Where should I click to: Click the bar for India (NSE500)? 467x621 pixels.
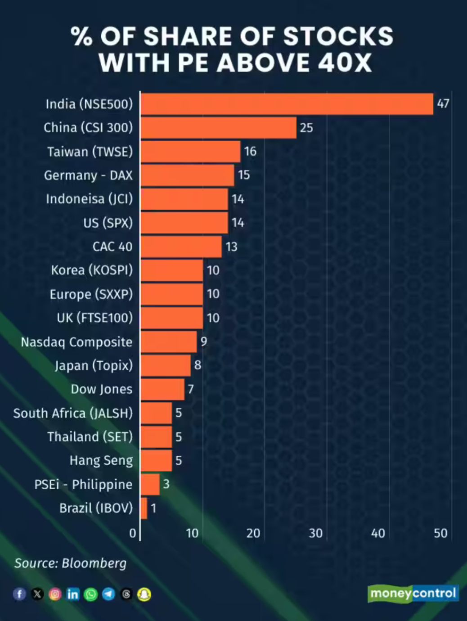point(287,104)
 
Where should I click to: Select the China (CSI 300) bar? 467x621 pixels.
point(219,128)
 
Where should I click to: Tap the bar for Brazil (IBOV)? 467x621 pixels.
point(144,508)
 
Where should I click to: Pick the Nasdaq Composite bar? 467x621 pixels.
point(169,342)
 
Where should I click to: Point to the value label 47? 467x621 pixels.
point(443,103)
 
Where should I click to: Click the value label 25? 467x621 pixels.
point(306,128)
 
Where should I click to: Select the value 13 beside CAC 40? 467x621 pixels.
point(232,247)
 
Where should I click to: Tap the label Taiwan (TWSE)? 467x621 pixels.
point(90,152)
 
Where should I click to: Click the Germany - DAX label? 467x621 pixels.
point(88,175)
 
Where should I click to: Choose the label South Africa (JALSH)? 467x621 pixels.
point(73,413)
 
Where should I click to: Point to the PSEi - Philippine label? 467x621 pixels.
point(83,484)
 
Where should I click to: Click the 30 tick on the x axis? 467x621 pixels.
point(315,533)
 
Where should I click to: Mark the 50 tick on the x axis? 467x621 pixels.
point(440,533)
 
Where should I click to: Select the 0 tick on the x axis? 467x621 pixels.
point(133,533)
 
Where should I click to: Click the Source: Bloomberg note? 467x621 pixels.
point(71,563)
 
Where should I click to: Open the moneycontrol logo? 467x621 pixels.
point(413,594)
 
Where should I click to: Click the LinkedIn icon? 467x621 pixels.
point(72,594)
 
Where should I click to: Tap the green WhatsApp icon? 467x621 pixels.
point(90,594)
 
